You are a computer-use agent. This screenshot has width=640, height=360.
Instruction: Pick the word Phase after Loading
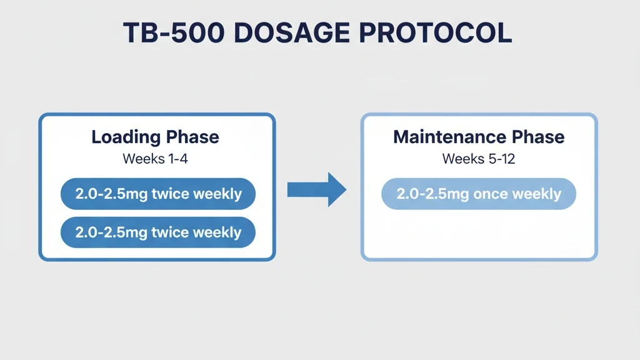pos(194,137)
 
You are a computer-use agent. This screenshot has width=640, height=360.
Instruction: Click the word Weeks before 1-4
pos(143,159)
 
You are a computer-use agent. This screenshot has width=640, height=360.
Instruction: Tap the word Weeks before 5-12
pos(463,159)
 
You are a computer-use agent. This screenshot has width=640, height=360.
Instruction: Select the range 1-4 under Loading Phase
pos(177,159)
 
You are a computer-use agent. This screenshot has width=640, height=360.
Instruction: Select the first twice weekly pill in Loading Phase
pos(157,194)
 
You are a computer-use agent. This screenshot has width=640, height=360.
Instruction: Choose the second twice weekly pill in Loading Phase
pos(157,232)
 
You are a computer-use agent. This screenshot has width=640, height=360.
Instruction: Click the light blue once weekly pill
pos(478,194)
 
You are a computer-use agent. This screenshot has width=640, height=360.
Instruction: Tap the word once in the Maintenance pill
pos(491,194)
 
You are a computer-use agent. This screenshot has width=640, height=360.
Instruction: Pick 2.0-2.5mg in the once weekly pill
pos(432,194)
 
